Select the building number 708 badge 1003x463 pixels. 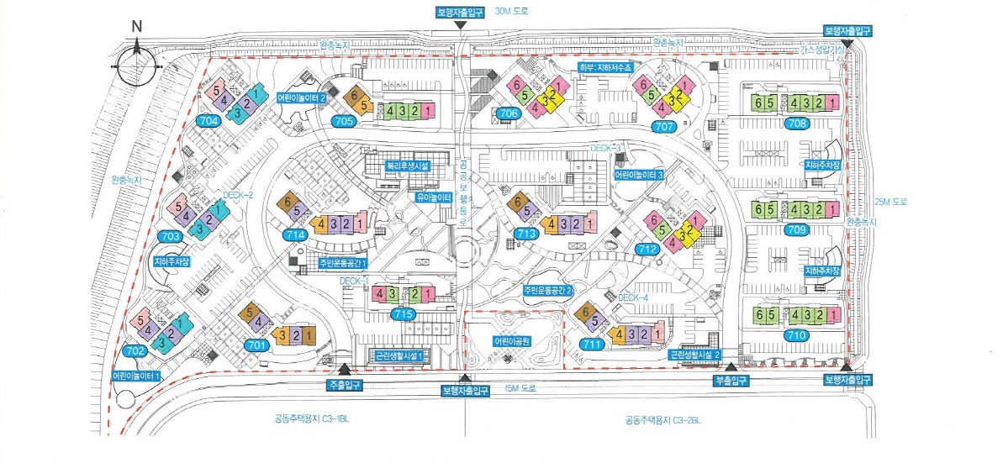pyautogui.click(x=799, y=124)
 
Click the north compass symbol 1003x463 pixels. pyautogui.click(x=137, y=62)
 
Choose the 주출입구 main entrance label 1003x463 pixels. pyautogui.click(x=345, y=383)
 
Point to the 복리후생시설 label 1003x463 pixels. pyautogui.click(x=408, y=166)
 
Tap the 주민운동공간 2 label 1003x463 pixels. pyautogui.click(x=548, y=290)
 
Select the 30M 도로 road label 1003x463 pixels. pyautogui.click(x=514, y=11)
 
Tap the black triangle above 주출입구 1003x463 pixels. pyautogui.click(x=345, y=368)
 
